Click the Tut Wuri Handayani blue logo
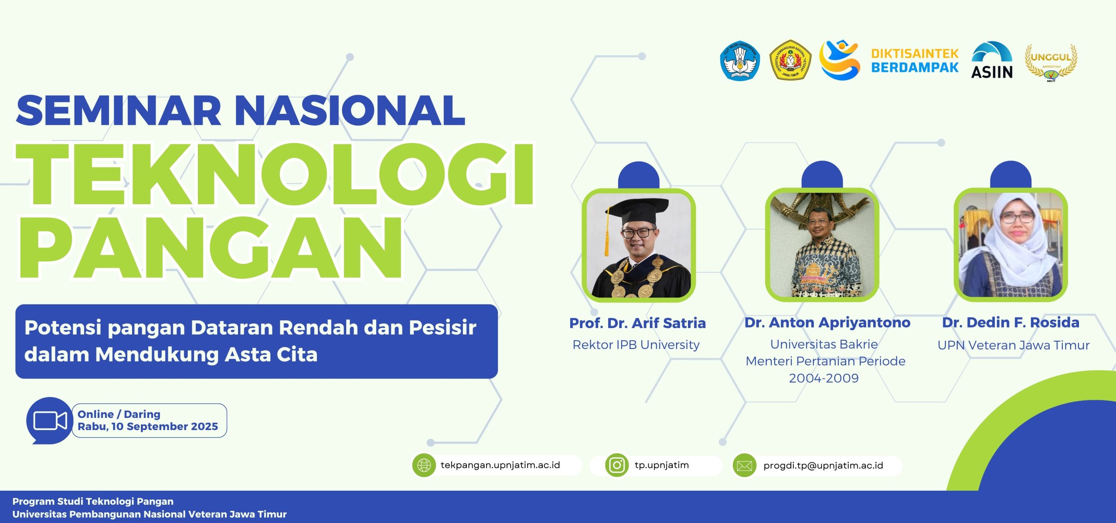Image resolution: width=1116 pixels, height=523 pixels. click(740, 61)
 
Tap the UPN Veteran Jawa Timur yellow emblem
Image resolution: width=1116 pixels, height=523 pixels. click(790, 60)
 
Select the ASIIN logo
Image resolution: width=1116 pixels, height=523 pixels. click(992, 60)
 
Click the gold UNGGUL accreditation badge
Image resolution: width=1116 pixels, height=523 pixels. click(1051, 62)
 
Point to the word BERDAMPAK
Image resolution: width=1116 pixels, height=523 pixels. click(915, 67)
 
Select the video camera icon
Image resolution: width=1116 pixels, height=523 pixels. click(50, 420)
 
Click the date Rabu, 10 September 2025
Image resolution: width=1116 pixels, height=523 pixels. click(148, 427)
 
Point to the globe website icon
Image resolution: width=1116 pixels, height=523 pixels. click(424, 465)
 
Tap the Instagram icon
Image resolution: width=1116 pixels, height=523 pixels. click(617, 465)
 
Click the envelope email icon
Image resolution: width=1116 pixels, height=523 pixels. click(744, 465)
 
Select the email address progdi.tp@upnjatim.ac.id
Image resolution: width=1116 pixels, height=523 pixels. click(823, 465)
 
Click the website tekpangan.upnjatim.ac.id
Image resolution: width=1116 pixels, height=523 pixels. click(500, 465)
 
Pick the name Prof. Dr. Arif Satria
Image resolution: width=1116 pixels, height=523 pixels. click(637, 323)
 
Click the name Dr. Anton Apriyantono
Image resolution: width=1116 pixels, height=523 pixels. click(827, 323)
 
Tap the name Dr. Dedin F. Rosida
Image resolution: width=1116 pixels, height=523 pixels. click(1011, 323)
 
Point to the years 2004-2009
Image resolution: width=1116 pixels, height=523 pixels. click(823, 378)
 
